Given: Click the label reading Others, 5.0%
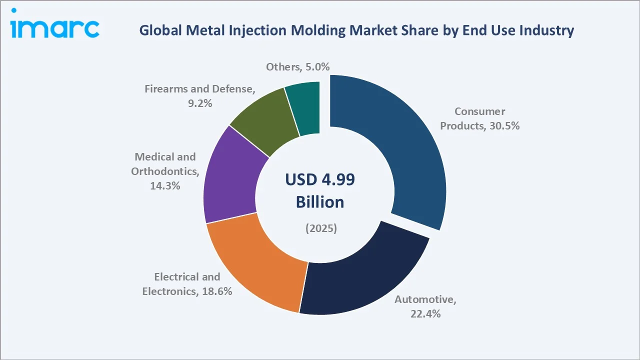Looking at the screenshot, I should pos(297,67).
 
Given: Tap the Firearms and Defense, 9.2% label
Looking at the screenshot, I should pos(200,96).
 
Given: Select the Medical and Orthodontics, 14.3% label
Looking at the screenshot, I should pos(165,171).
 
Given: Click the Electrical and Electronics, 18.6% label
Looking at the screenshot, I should pos(187,284).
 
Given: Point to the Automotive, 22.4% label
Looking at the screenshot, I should pos(425,306).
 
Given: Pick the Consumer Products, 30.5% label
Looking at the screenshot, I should pos(479,118).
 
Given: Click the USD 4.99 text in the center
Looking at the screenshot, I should pos(320,180).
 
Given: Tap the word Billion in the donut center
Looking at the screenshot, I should pos(320,202).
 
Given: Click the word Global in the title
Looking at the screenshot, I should pos(156,30).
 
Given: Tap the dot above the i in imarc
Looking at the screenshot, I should pos(14,10).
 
